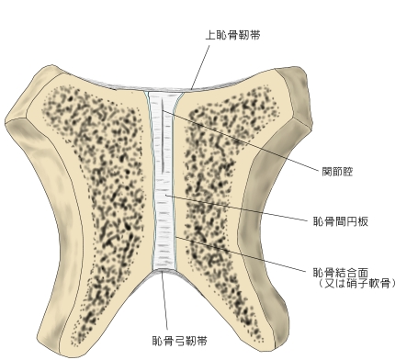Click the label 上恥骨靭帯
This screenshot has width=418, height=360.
(232, 35)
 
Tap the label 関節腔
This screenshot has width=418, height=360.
(337, 172)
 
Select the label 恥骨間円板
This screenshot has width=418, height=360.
(340, 221)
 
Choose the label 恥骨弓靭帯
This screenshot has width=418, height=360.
(180, 341)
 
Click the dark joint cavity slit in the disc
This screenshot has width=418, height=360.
(163, 136)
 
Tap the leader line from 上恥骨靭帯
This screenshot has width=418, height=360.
(200, 67)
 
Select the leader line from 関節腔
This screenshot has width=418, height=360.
(241, 140)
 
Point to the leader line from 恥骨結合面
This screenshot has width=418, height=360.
(241, 254)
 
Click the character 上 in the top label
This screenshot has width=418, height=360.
(210, 35)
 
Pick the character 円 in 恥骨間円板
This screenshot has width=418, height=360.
(351, 221)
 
